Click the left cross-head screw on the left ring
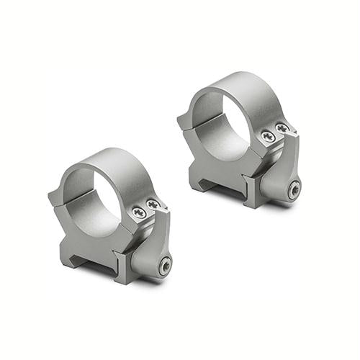tap(138, 212)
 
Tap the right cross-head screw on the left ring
tap(153, 205)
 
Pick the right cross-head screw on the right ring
tap(282, 128)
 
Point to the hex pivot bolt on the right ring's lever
tap(294, 189)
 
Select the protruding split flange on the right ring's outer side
tap(183, 119)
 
